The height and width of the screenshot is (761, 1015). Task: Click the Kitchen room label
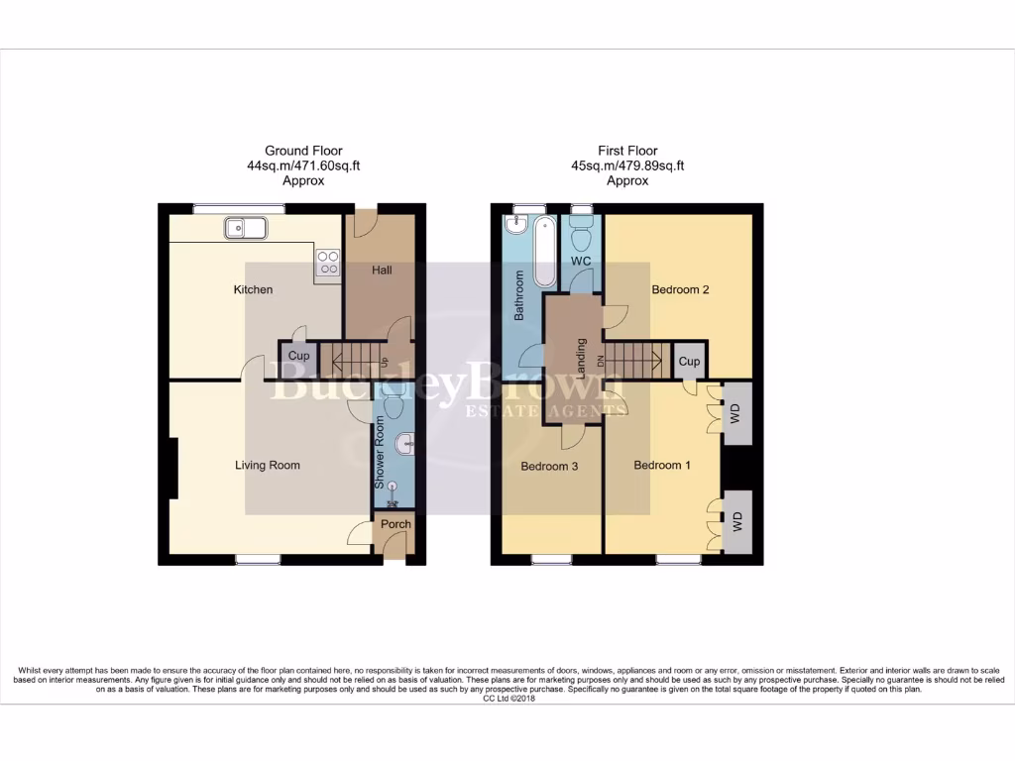point(253,289)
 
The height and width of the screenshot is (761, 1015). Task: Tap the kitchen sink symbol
point(243,229)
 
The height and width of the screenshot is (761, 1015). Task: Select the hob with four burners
point(328,262)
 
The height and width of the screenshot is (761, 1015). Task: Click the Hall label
point(382,270)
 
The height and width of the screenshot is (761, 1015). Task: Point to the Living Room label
point(268,465)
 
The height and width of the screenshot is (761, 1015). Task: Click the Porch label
point(395,524)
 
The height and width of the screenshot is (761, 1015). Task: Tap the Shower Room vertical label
point(380,452)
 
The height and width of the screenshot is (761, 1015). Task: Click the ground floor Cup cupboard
point(299,356)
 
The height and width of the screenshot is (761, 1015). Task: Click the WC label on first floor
point(580,261)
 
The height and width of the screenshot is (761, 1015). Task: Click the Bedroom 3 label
point(549,467)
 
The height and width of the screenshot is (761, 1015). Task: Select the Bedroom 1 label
point(662,466)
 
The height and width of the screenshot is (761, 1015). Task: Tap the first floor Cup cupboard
point(689,362)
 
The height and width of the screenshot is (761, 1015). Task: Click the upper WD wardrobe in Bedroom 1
point(735,412)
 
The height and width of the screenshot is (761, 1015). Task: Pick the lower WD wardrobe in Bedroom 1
point(736,522)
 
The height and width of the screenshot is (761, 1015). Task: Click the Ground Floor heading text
point(303,151)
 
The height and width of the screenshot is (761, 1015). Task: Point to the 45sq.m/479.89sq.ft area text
point(627,165)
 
